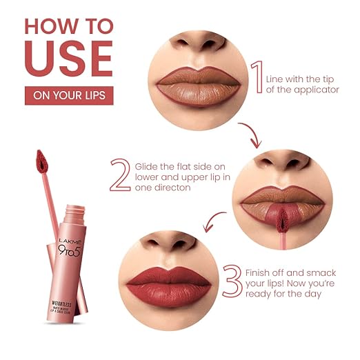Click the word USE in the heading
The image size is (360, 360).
click(x=68, y=59)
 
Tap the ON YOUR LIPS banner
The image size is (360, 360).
click(x=68, y=95)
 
